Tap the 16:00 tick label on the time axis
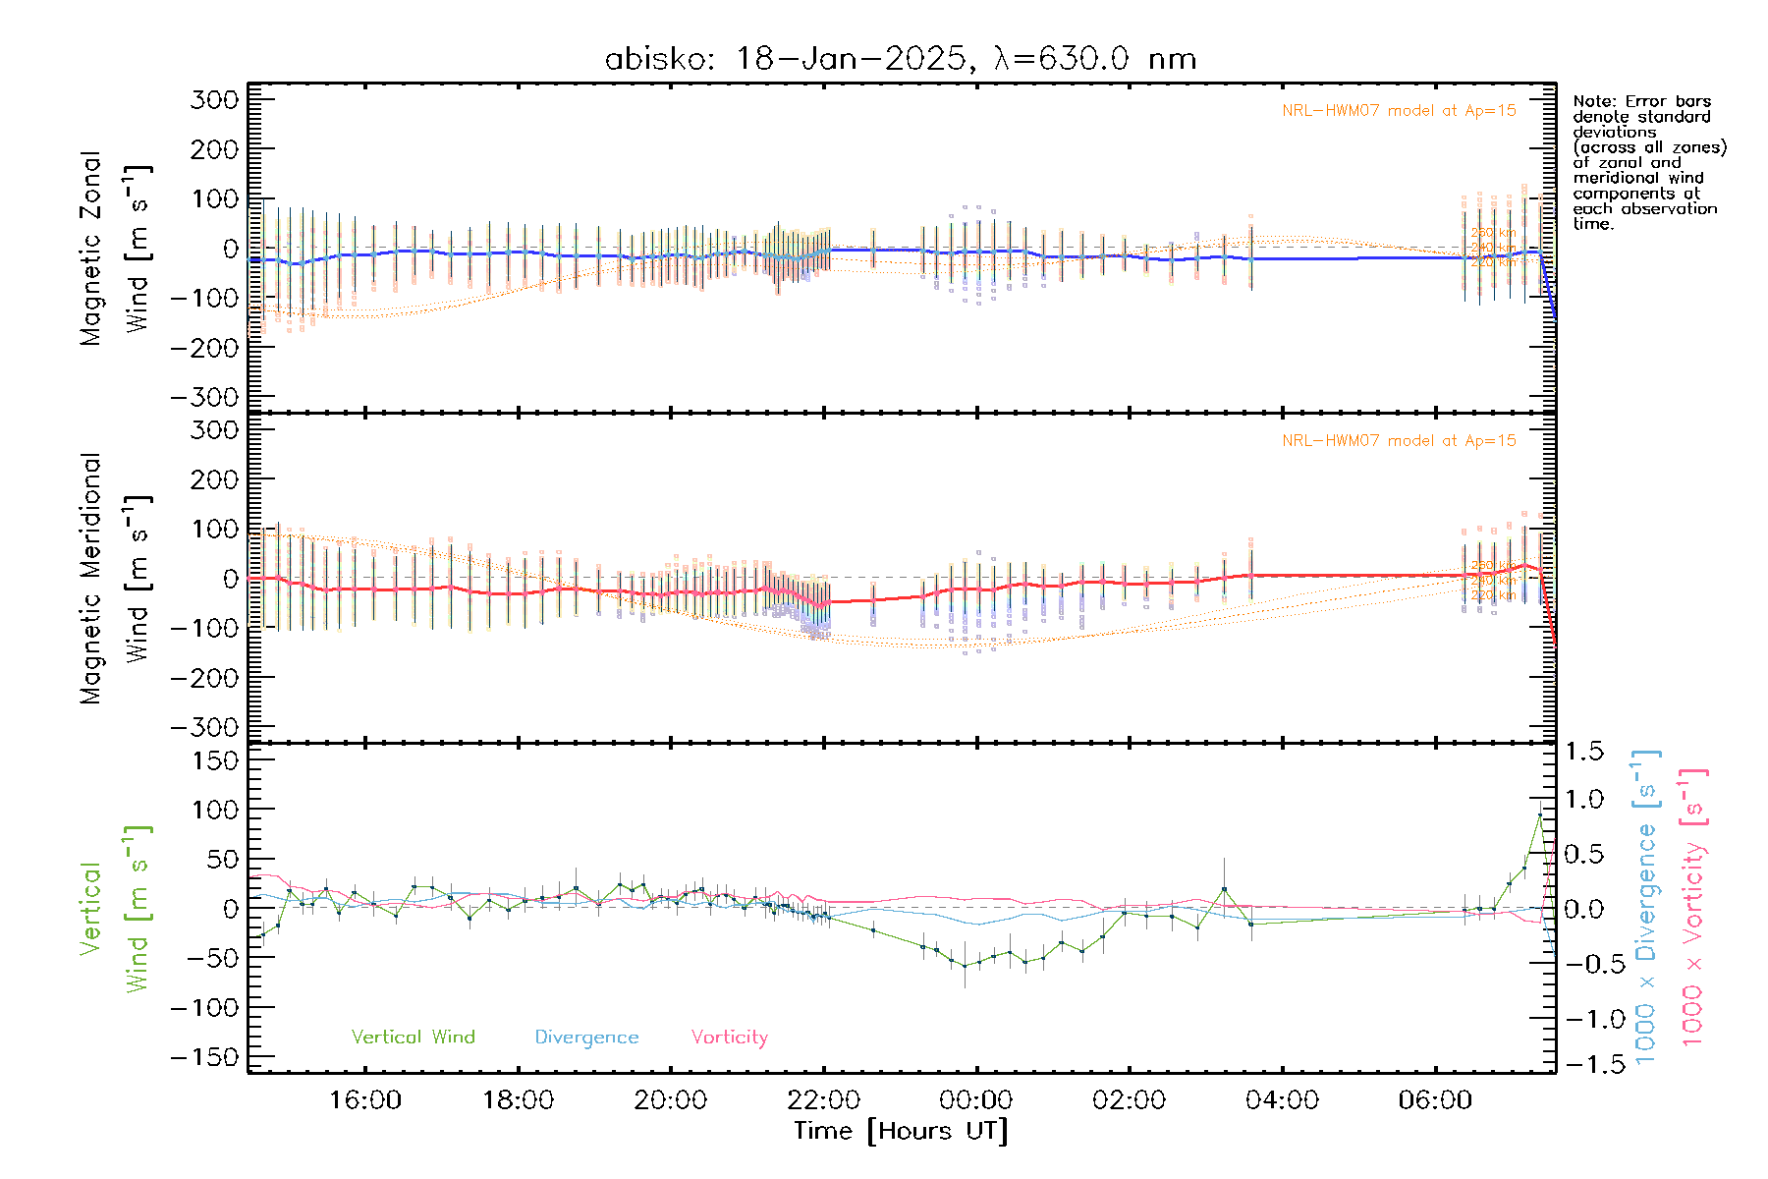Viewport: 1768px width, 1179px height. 364,1100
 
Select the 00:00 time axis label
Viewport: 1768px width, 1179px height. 975,1100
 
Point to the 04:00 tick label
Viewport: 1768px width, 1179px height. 1282,1100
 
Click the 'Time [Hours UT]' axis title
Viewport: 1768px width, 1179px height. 901,1132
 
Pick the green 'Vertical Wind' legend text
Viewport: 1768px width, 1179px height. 413,1038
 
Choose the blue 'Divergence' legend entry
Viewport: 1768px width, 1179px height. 586,1038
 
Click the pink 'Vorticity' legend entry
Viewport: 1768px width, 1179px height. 729,1038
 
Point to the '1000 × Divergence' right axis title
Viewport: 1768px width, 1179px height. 1646,909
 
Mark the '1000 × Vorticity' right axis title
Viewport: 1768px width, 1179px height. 1693,909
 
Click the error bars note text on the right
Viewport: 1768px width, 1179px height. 1648,162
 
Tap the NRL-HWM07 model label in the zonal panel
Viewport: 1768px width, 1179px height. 1399,111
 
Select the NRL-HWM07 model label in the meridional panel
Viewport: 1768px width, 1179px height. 1399,441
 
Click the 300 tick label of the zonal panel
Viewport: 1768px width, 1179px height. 214,99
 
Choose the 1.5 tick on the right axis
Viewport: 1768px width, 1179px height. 1583,752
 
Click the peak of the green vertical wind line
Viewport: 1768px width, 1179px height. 1539,815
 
